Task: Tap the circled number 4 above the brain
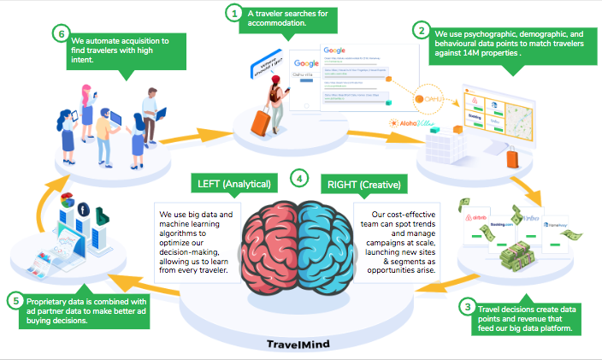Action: point(298,179)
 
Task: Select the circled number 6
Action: point(59,34)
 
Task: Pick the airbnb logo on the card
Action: point(479,220)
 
